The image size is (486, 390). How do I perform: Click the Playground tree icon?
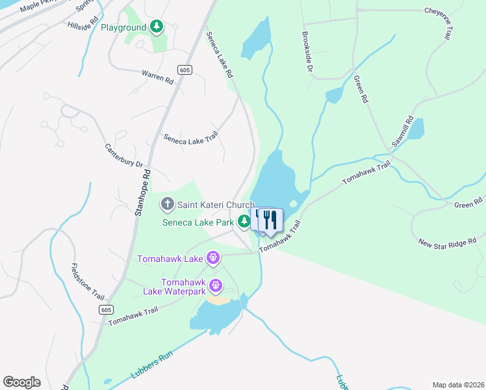coord(156,27)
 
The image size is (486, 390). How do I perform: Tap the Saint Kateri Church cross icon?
coord(167,205)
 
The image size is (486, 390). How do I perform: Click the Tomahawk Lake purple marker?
coord(213,259)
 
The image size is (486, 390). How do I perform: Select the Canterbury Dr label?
coord(123,155)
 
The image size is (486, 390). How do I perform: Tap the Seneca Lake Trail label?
coord(190,138)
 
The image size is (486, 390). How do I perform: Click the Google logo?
coord(21,382)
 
